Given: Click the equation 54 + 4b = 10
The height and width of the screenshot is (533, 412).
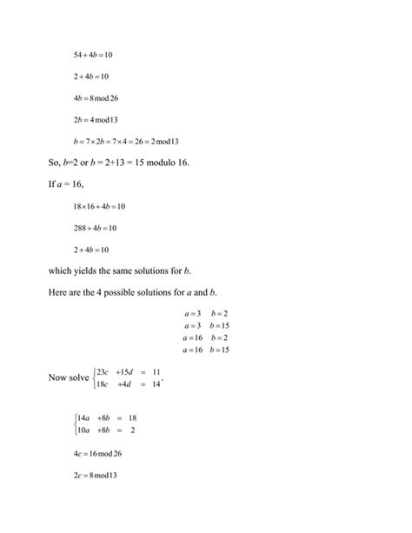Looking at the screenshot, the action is [93, 55].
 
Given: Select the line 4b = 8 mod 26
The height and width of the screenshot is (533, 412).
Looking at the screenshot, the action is [96, 97].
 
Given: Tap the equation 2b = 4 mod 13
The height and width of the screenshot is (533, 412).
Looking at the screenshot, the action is [96, 119].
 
